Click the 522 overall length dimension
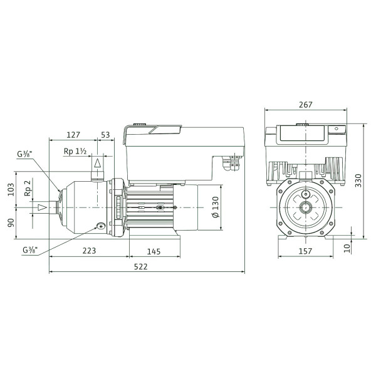coord(141,267)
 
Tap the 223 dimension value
coord(89,251)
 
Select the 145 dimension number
coord(154,251)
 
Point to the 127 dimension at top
coord(73,135)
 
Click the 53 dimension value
coord(105,135)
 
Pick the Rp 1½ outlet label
coord(75,151)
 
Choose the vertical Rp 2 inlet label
coord(28,188)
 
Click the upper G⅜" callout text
coord(24,154)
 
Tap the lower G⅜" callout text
coord(31,250)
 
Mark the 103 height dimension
coord(11,189)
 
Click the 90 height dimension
coord(11,222)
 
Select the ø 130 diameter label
coord(216,207)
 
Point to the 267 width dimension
coord(306,105)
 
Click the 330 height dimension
coord(358,180)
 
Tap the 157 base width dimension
coord(306,251)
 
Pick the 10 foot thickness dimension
coord(347,248)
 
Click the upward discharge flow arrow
coord(97,163)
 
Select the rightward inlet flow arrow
coord(42,207)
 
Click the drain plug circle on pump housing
coord(101,226)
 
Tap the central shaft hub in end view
coord(306,207)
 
